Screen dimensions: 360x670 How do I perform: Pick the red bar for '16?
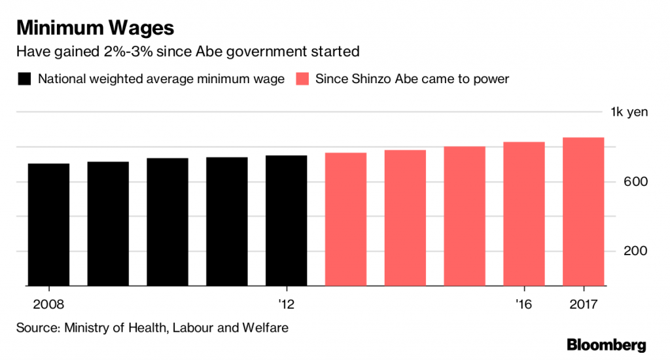(524, 214)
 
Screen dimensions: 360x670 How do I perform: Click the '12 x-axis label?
(287, 304)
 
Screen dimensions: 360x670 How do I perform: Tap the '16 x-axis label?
(524, 304)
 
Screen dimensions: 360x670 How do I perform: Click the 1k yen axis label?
(629, 112)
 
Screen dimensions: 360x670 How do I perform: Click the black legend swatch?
(24, 79)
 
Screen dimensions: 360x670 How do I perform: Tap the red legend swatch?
(302, 79)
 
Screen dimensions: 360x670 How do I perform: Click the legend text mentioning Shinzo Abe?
(412, 79)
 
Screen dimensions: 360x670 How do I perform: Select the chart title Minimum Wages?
(96, 28)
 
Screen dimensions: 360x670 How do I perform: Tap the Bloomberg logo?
(606, 344)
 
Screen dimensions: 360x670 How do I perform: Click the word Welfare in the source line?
(264, 327)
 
